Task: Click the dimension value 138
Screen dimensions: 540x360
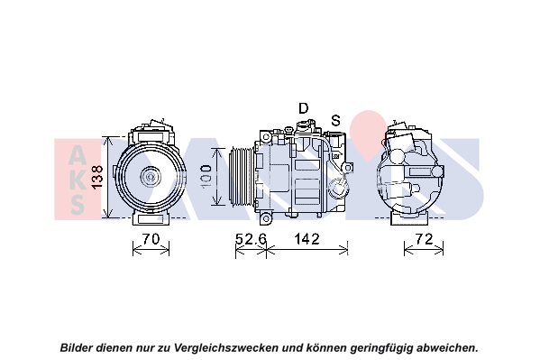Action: point(98,177)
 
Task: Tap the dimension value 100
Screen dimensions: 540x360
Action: point(206,177)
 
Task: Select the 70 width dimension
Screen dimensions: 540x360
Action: point(151,238)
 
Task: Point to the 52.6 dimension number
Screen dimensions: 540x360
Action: point(251,238)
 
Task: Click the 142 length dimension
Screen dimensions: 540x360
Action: point(307,238)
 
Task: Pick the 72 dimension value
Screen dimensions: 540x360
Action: point(424,238)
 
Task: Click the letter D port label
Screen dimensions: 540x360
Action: point(303,108)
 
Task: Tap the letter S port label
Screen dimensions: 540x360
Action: point(335,120)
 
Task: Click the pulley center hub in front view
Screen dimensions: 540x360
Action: point(151,177)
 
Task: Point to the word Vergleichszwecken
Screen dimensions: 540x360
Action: point(226,347)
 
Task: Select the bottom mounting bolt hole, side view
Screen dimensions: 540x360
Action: point(266,218)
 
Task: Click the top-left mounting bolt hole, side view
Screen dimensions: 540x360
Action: point(266,137)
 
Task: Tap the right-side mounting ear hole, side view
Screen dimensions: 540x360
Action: point(348,168)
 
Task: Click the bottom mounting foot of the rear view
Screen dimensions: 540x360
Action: point(409,218)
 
